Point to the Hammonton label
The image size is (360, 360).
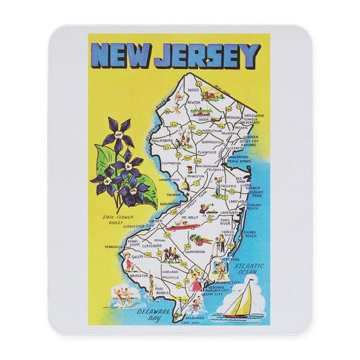tap(195, 251)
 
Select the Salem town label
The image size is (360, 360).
tap(137, 257)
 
